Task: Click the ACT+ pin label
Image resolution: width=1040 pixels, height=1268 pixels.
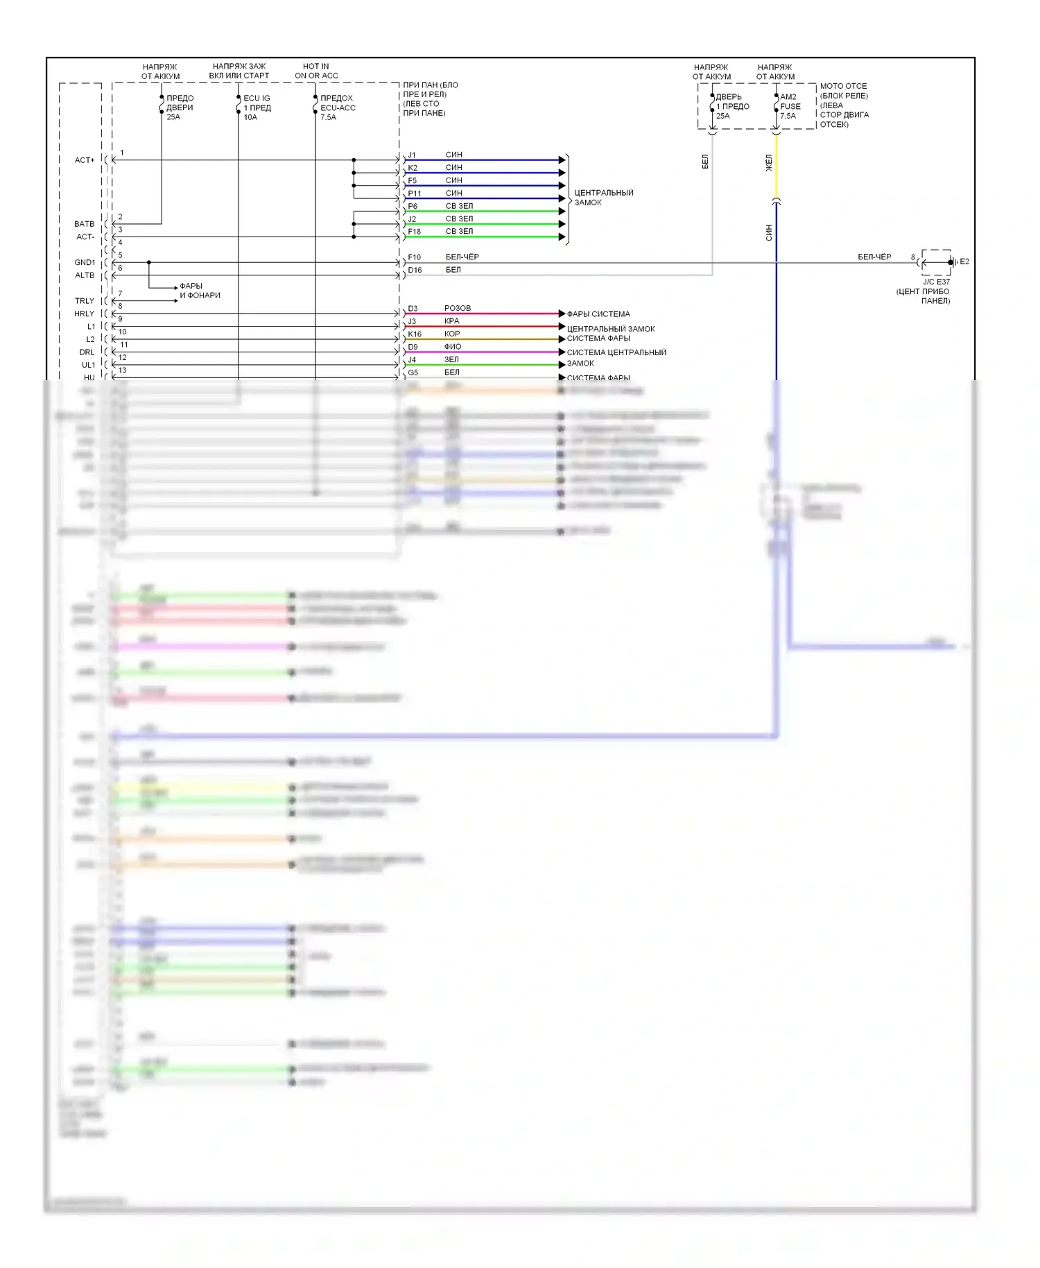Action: (85, 160)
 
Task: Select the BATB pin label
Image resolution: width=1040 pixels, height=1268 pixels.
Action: (84, 224)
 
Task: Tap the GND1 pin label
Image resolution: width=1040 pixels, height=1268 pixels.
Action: (85, 262)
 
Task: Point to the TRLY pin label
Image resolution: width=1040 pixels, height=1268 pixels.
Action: (85, 301)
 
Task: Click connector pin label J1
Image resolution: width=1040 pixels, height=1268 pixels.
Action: (412, 155)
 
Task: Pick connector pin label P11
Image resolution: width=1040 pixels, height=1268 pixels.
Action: (415, 194)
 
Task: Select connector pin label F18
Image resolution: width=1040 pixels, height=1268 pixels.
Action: (415, 232)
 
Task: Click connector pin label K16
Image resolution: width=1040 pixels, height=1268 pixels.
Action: (415, 334)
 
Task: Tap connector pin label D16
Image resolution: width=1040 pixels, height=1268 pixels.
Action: (415, 271)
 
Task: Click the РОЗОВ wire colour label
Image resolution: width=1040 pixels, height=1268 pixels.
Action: (458, 308)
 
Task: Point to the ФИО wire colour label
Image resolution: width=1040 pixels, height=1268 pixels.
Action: (453, 347)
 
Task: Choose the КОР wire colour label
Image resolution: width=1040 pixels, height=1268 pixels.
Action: (452, 334)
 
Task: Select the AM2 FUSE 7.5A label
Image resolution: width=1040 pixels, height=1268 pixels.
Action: (790, 106)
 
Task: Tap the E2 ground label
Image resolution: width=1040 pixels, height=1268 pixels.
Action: (964, 262)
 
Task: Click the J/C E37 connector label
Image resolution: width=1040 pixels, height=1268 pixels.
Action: (936, 282)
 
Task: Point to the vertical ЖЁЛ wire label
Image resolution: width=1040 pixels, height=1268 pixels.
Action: (768, 164)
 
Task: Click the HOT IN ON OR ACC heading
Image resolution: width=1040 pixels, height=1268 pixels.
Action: (316, 71)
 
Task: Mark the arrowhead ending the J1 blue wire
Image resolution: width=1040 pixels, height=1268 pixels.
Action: (562, 160)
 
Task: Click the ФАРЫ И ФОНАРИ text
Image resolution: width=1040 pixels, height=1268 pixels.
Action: (200, 291)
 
